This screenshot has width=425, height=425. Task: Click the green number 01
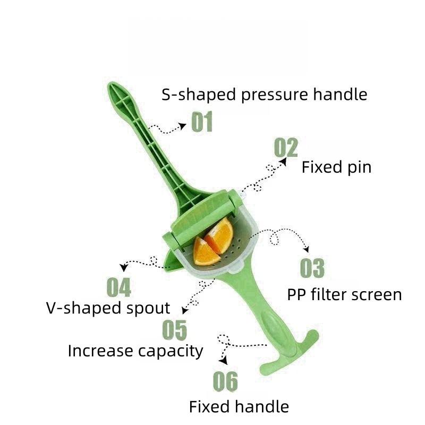(x=202, y=122)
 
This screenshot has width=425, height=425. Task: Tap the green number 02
(x=286, y=147)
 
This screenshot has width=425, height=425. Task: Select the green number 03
(x=312, y=268)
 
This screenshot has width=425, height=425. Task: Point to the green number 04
(x=118, y=287)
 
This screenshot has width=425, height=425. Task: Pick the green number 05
(x=175, y=329)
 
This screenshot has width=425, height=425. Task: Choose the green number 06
(x=225, y=381)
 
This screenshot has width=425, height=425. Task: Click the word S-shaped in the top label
(x=199, y=95)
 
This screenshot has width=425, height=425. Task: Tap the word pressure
(x=274, y=96)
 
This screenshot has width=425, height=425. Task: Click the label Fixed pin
(x=336, y=167)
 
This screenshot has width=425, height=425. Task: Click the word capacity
(x=171, y=352)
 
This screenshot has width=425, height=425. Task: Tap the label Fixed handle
(x=239, y=407)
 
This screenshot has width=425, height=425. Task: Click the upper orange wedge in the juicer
(x=219, y=235)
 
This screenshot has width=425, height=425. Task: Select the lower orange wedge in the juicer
(x=206, y=252)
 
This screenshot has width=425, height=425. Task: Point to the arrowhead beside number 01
(x=183, y=126)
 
